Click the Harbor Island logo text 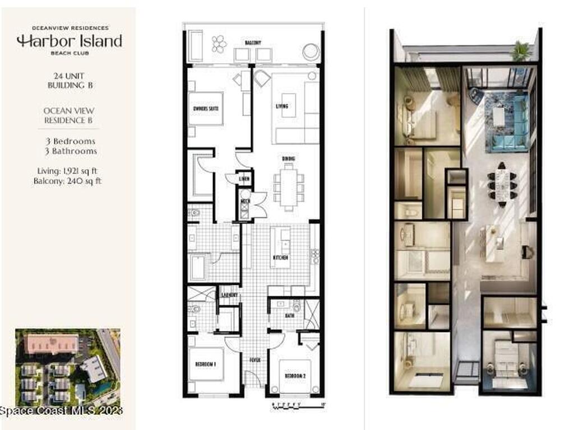(69, 41)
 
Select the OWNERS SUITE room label (206, 108)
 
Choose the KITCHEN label (280, 258)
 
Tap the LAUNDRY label (229, 295)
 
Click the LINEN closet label (244, 179)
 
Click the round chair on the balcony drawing (311, 52)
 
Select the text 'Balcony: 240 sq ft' (67, 181)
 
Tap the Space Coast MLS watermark (61, 412)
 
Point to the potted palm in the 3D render (521, 50)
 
